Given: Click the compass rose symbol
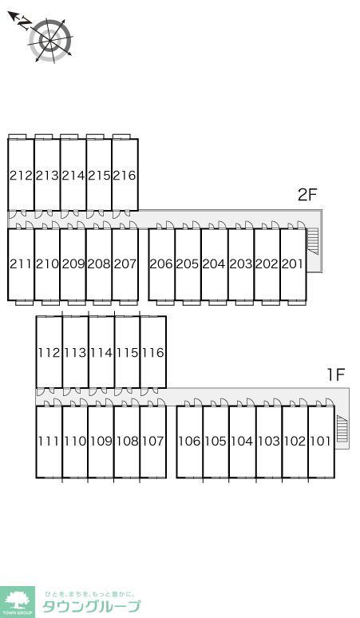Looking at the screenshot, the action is [50, 40].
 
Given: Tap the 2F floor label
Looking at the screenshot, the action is [307, 194].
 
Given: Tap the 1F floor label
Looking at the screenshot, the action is [336, 374].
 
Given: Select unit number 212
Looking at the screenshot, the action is [21, 176].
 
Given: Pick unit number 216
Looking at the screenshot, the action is [125, 176].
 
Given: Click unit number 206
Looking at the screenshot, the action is [161, 263].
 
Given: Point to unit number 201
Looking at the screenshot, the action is [292, 263].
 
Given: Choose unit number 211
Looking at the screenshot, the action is [21, 263].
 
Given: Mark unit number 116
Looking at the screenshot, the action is [152, 352].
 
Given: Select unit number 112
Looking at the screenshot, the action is [49, 352].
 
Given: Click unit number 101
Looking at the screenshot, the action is [321, 441].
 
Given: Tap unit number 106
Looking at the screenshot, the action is [189, 441].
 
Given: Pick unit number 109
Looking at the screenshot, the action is [101, 441].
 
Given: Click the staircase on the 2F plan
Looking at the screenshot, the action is [312, 242].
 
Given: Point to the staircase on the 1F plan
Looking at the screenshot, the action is [342, 429].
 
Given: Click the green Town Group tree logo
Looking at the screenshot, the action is [18, 602].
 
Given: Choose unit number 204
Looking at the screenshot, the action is [214, 263].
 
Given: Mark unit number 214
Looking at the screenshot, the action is [73, 176].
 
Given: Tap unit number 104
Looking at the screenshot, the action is [242, 441].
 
